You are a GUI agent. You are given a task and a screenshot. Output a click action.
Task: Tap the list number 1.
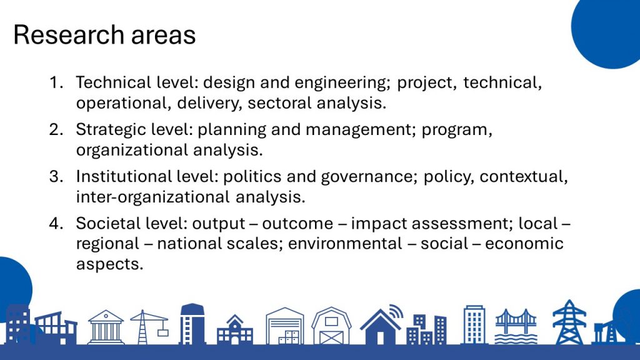pyautogui.click(x=56, y=82)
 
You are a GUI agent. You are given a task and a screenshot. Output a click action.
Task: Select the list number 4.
pyautogui.click(x=56, y=223)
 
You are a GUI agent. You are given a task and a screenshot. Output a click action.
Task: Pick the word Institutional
pyautogui.click(x=124, y=176)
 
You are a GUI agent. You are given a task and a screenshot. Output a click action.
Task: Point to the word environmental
pyautogui.click(x=345, y=244)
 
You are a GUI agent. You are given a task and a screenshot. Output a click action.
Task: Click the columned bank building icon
pyautogui.click(x=106, y=327)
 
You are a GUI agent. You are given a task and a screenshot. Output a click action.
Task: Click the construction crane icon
pyautogui.click(x=149, y=327)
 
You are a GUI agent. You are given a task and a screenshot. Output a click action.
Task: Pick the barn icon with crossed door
pyautogui.click(x=331, y=326)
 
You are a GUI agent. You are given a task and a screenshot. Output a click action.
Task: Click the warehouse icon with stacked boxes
pyautogui.click(x=285, y=326)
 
